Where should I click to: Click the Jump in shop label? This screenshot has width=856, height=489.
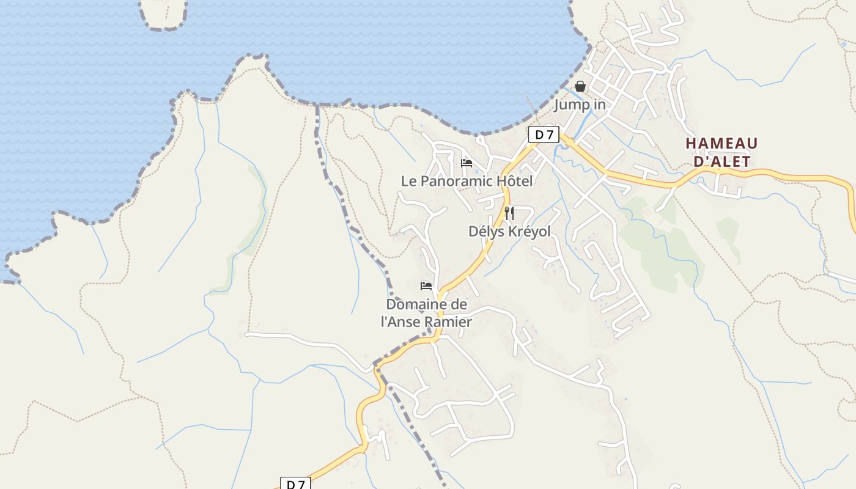580,105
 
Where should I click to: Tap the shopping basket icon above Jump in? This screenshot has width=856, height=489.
580,86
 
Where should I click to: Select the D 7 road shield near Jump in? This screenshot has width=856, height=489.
544,134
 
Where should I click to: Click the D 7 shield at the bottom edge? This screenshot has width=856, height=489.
295,484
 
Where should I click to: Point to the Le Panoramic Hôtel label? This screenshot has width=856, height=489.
467,181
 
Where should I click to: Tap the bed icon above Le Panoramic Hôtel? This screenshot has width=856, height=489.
467,163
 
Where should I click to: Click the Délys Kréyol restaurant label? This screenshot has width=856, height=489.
509,232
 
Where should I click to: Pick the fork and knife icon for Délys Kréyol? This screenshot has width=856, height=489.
509,213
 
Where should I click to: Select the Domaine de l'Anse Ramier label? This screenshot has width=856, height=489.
426,313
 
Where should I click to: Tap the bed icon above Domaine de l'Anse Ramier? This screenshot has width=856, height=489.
426,285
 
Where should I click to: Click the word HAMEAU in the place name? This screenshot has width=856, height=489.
721,144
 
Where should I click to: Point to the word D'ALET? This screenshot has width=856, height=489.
721,161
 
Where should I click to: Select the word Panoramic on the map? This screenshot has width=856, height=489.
457,181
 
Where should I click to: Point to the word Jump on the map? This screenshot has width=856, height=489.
568,105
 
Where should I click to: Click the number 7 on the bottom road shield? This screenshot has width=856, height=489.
301,484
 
